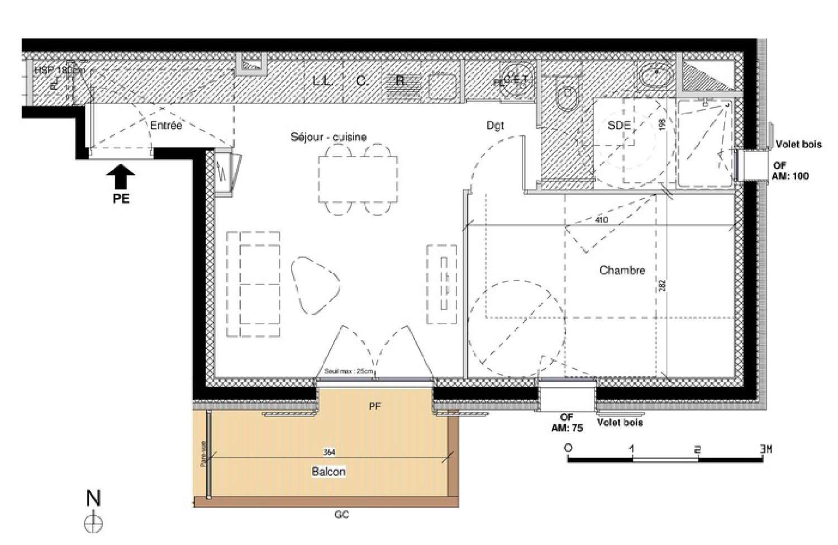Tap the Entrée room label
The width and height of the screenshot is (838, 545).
click(166, 126)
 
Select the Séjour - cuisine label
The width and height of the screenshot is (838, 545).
click(328, 137)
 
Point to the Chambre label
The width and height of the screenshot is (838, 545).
click(622, 271)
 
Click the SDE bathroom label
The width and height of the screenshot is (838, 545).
click(619, 126)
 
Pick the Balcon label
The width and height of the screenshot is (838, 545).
click(328, 472)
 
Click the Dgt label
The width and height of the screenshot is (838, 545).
click(495, 126)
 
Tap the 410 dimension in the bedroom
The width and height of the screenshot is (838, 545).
click(601, 220)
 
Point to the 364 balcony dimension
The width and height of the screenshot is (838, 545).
click(329, 452)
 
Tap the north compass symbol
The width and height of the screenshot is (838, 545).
click(93, 523)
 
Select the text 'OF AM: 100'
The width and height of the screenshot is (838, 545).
click(791, 171)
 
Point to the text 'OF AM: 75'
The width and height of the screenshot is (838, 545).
click(566, 423)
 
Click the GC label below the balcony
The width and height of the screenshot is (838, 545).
click(342, 515)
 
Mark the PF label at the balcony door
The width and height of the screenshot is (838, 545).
click(375, 406)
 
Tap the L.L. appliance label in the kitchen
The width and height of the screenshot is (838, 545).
click(323, 81)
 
